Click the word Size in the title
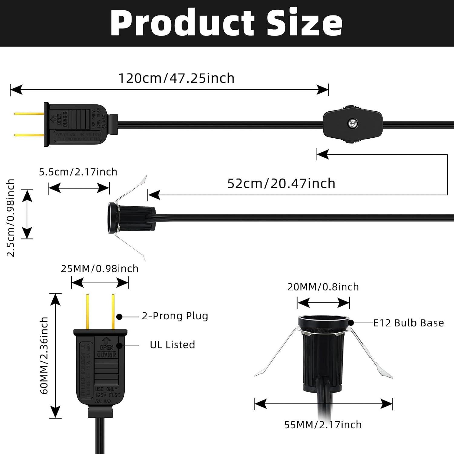(304, 24)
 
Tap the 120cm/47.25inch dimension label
(176, 78)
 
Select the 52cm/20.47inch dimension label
(281, 184)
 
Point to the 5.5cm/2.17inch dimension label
(78, 172)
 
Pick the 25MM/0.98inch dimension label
(100, 269)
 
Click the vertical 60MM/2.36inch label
(44, 355)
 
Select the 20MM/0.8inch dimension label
(323, 287)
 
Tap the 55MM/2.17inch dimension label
(323, 425)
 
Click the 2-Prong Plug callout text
(175, 316)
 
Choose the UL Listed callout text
(173, 345)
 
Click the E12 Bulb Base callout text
(408, 323)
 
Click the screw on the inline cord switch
(353, 123)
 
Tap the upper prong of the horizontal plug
(29, 114)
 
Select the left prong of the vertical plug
(87, 312)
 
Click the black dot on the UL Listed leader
(120, 345)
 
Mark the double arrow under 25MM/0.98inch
(100, 283)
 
